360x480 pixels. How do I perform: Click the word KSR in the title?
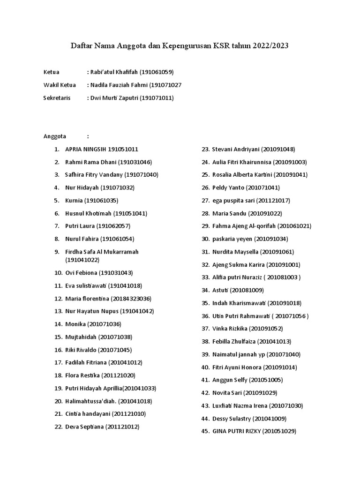pyautogui.click(x=223, y=46)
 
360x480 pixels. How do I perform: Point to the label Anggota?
pyautogui.click(x=55, y=136)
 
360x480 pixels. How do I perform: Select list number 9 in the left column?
pyautogui.click(x=57, y=252)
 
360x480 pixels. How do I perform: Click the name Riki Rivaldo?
pyautogui.click(x=81, y=350)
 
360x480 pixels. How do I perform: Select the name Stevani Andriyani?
pyautogui.click(x=235, y=150)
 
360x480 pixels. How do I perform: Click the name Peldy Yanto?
pyautogui.click(x=228, y=187)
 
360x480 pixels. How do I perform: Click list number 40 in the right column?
pyautogui.click(x=205, y=367)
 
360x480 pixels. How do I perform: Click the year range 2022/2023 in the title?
pyautogui.click(x=270, y=46)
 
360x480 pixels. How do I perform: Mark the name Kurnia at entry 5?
pyautogui.click(x=74, y=201)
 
